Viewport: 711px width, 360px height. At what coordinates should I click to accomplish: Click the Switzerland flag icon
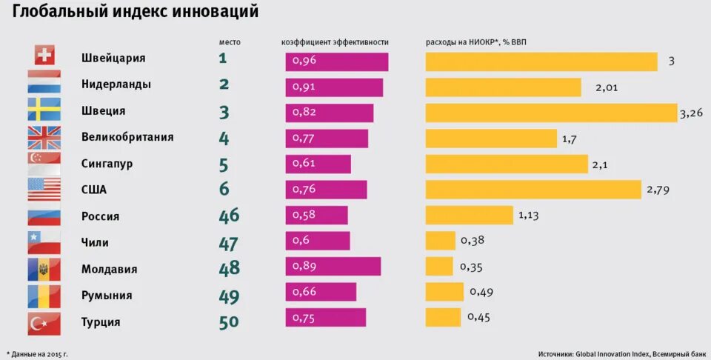tap(44, 56)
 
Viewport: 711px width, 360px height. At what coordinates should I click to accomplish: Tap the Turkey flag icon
tap(44, 322)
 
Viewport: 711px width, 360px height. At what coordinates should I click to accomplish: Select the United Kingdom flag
tap(44, 136)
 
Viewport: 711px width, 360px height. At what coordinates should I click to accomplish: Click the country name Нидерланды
tap(116, 84)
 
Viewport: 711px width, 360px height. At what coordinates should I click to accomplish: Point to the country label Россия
tap(100, 216)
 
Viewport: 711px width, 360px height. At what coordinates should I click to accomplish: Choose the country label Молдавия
tap(109, 269)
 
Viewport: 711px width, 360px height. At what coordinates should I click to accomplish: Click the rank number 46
tap(230, 216)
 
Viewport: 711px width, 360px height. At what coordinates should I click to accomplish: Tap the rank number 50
tap(230, 322)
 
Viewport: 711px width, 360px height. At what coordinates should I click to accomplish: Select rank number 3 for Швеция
tap(224, 112)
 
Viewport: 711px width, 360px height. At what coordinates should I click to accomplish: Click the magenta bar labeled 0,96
tap(336, 62)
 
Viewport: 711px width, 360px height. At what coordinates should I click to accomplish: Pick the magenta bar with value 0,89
tap(333, 267)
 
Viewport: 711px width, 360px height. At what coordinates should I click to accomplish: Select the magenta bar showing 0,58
tap(316, 215)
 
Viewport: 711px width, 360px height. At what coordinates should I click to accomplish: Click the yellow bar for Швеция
tap(551, 113)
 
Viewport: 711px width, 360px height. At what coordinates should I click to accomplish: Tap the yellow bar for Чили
tap(440, 240)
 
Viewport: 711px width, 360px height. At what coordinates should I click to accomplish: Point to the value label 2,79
tap(658, 190)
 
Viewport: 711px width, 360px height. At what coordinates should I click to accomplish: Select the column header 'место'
tap(230, 42)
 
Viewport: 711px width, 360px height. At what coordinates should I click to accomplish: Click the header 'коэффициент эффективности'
tap(335, 42)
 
